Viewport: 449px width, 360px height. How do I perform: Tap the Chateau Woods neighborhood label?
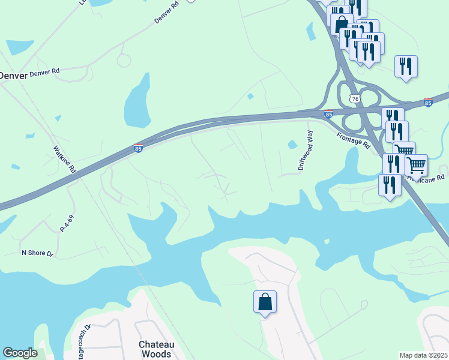[x=155, y=349]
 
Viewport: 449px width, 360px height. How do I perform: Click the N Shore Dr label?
[x=38, y=253]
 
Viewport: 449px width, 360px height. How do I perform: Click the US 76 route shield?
[x=355, y=98]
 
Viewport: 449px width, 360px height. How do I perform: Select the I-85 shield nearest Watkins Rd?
[x=138, y=148]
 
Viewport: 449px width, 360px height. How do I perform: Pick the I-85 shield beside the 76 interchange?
[x=328, y=113]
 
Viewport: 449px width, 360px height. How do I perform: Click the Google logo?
[x=20, y=353]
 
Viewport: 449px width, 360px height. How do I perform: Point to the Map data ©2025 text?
[x=423, y=355]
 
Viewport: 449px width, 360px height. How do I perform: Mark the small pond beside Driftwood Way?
[x=292, y=145]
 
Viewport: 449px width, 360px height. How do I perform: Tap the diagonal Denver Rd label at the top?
[x=167, y=14]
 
